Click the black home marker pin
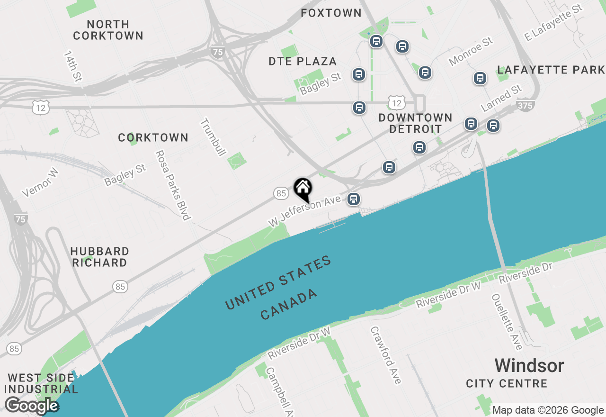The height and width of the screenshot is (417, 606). [303, 189]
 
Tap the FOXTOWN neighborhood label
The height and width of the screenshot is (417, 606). [331, 13]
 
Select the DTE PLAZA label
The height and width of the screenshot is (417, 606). [303, 61]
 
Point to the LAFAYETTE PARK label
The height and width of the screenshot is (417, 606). [551, 70]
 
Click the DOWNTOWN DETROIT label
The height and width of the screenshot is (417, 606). [416, 123]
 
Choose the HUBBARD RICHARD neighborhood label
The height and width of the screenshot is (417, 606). [99, 257]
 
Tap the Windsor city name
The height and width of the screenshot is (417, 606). [529, 366]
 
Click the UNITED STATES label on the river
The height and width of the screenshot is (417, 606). [278, 283]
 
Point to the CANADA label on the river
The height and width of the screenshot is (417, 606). [289, 304]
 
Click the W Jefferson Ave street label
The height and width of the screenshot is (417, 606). [304, 211]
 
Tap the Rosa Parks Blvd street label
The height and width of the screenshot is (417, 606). [172, 185]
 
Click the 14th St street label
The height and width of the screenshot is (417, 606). [72, 66]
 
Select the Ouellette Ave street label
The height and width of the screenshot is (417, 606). [507, 322]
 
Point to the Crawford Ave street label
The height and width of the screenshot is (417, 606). [386, 355]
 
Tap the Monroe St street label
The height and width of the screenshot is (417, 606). [471, 52]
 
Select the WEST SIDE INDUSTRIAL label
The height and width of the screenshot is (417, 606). [42, 384]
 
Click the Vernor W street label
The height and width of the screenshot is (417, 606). [40, 182]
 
